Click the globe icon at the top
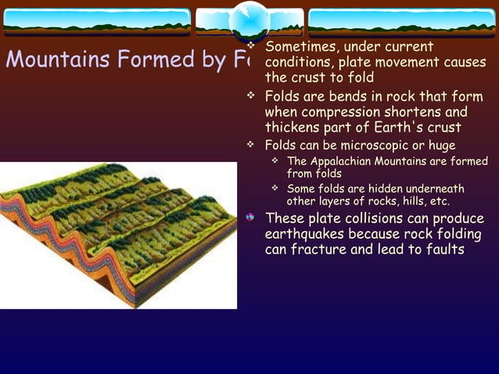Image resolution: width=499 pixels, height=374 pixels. pos(250,19)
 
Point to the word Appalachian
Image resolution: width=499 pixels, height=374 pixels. pos(344,161)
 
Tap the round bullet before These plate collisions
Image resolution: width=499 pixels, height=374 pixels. pos(250,217)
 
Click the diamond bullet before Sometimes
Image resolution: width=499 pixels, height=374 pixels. pos(251,47)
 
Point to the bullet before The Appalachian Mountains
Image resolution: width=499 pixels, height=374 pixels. pos(275,161)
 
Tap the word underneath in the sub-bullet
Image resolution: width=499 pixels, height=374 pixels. pos(437,189)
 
